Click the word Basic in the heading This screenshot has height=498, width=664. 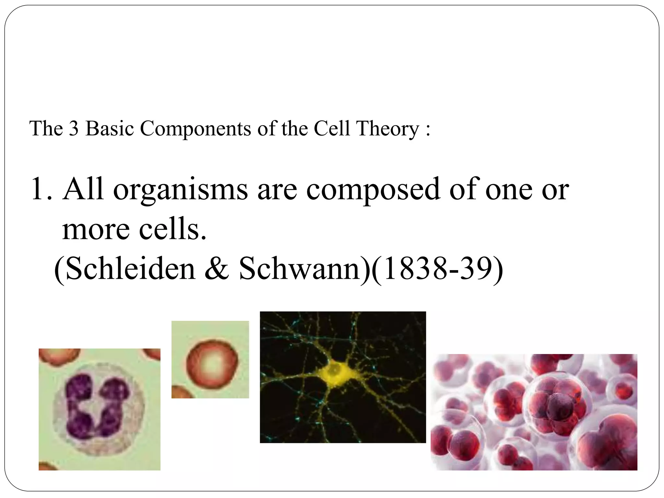click(110, 128)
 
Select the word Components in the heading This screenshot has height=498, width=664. click(196, 129)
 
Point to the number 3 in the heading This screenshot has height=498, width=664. click(74, 128)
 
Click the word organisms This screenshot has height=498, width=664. click(180, 191)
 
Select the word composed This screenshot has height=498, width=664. click(373, 191)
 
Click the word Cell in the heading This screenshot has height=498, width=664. click(332, 128)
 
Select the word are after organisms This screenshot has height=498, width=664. click(277, 191)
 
